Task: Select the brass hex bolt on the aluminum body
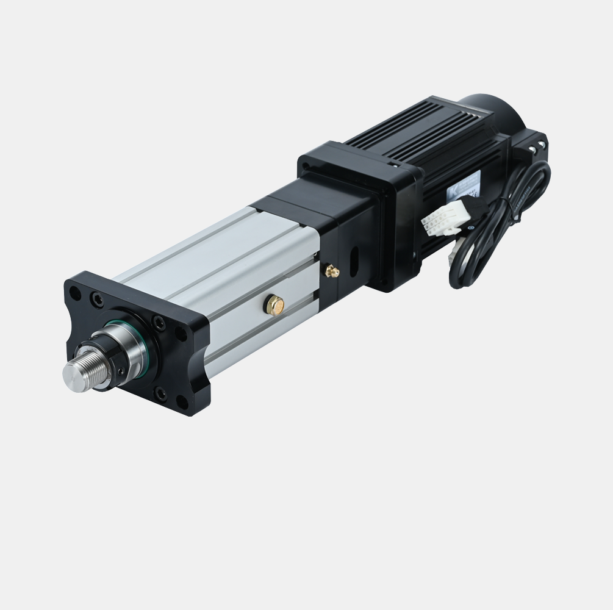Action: point(273,303)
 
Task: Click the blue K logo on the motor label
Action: point(452,190)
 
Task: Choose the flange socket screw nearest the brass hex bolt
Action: point(181,332)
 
